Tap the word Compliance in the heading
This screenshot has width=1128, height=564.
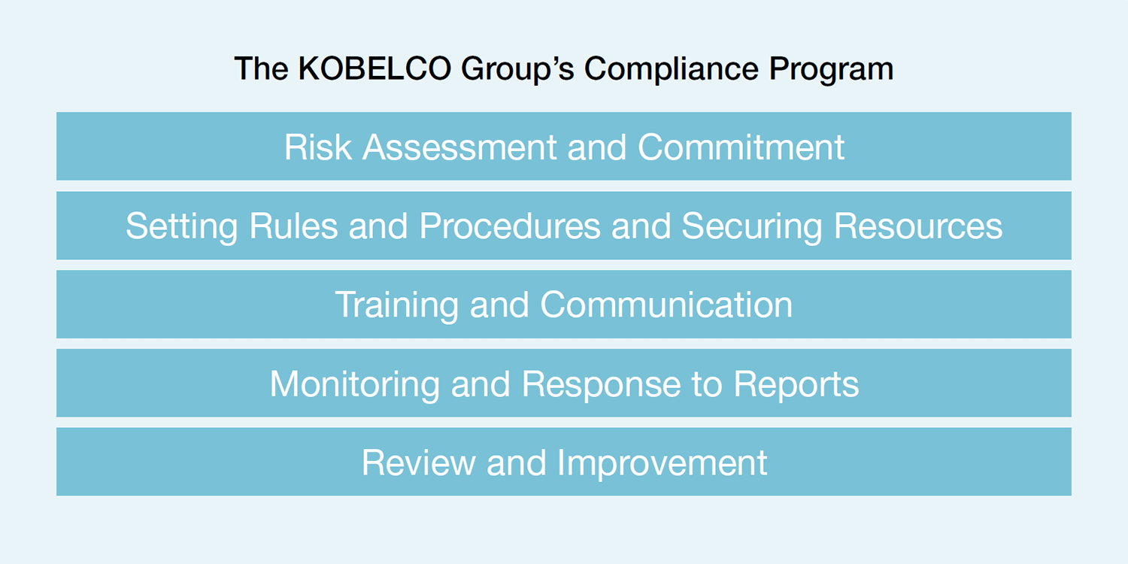point(671,69)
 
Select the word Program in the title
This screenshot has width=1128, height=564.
point(831,69)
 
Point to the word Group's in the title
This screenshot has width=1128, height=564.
point(517,69)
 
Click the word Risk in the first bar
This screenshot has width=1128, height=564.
point(318,147)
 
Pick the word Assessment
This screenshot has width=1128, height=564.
point(459,147)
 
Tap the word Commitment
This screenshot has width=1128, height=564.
point(741,147)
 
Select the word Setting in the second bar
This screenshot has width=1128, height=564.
point(181,226)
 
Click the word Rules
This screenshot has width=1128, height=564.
point(293,226)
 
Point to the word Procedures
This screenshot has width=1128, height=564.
point(509,226)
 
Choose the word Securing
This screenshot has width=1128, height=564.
point(752,226)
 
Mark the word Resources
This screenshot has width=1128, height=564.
point(918,226)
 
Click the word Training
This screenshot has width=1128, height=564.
point(396,305)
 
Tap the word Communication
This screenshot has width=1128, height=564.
point(666,305)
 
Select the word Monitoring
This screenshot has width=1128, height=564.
point(354,384)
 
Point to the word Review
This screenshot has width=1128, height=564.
point(418,462)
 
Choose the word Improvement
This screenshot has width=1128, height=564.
point(663,463)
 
